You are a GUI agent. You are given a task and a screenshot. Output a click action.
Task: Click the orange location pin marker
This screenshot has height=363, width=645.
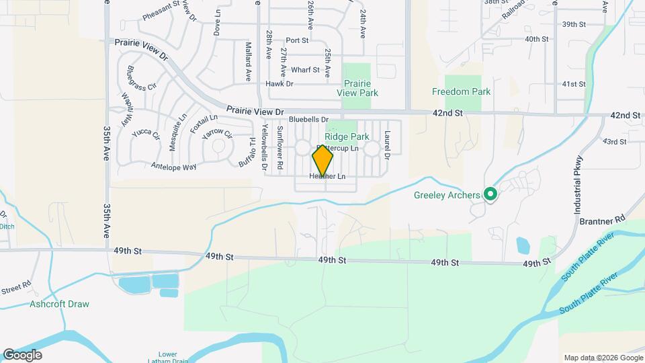pyautogui.click(x=323, y=161)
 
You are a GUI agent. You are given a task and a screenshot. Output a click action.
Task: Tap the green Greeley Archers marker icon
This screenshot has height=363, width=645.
pyautogui.click(x=490, y=195)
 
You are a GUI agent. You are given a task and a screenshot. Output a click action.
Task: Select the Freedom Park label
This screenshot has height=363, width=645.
pyautogui.click(x=461, y=91)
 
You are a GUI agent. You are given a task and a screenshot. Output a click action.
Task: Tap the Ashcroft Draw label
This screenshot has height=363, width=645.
pyautogui.click(x=59, y=304)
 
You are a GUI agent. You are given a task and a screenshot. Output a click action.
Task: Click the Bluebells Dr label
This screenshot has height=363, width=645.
pyautogui.click(x=308, y=119)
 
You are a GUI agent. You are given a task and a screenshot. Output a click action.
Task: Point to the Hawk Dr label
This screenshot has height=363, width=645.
pyautogui.click(x=279, y=84)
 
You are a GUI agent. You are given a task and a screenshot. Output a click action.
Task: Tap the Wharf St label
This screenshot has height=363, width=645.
pyautogui.click(x=305, y=69)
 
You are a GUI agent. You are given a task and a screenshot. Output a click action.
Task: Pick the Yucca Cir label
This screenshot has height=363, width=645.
pyautogui.click(x=146, y=133)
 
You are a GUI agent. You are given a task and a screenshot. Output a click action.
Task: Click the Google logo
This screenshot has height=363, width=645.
pyautogui.click(x=21, y=355)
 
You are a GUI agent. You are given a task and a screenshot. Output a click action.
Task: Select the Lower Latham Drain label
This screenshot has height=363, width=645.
pyautogui.click(x=167, y=358)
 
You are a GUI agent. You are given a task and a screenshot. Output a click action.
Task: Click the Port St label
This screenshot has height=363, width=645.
pyautogui.click(x=296, y=41)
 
